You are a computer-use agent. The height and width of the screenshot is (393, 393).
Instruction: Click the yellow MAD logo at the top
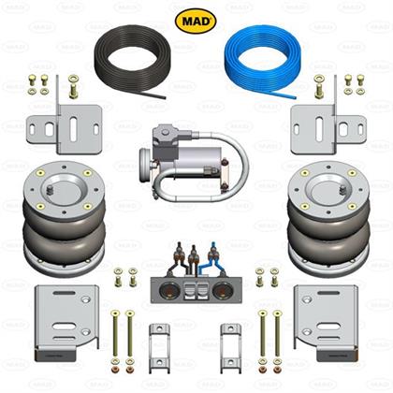click(196, 21)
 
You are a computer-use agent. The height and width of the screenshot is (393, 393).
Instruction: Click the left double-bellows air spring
click(64, 218)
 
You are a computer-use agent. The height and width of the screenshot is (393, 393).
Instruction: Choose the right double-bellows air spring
click(328, 218)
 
